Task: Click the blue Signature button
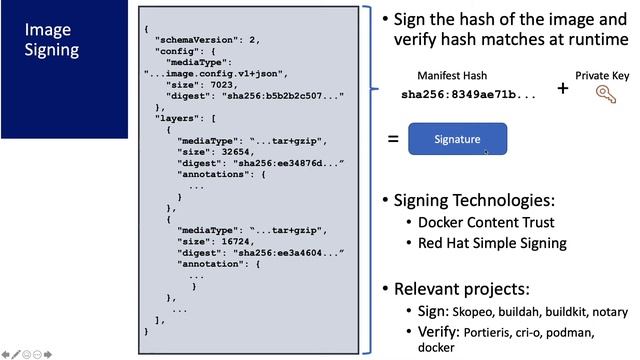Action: [457, 139]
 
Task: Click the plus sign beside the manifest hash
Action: [562, 88]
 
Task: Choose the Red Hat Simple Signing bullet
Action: [492, 243]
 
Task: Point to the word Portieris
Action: [486, 331]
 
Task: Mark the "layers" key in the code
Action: [177, 118]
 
